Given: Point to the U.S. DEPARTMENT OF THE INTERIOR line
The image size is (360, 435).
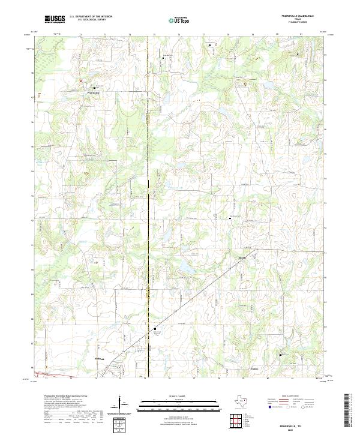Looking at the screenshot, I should [91, 17].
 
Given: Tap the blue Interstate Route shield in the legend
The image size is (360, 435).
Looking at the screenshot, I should [270, 407].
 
